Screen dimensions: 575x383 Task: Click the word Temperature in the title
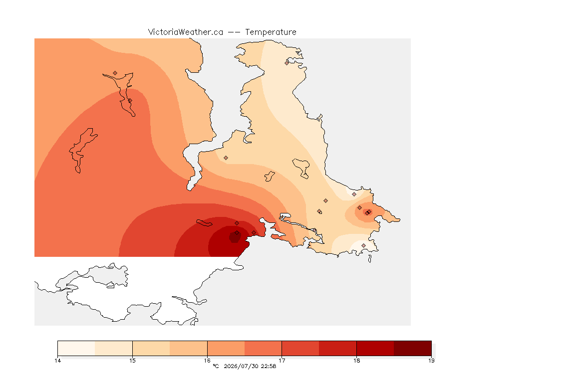point(271,32)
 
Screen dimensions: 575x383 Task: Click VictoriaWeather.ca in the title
point(186,32)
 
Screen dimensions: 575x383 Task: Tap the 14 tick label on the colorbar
point(57,361)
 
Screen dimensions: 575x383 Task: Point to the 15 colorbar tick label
point(132,361)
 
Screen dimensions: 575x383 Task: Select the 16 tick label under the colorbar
point(207,361)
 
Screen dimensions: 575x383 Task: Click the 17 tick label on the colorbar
point(282,361)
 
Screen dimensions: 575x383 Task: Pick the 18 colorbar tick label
point(356,361)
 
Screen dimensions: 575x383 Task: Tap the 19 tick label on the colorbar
point(431,361)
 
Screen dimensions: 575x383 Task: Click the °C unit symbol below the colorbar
point(216,366)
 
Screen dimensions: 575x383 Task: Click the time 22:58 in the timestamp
point(269,366)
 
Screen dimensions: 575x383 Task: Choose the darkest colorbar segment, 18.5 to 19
point(413,348)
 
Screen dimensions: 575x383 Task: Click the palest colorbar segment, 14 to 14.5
point(76,348)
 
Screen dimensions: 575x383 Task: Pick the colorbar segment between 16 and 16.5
point(226,348)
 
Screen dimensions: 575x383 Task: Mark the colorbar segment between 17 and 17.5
point(300,348)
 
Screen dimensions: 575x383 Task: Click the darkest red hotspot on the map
point(235,237)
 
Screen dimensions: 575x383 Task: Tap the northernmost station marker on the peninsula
point(287,63)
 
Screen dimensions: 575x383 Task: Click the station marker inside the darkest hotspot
point(237,233)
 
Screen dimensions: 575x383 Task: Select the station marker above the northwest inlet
point(115,73)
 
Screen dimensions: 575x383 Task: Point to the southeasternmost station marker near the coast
point(363,245)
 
